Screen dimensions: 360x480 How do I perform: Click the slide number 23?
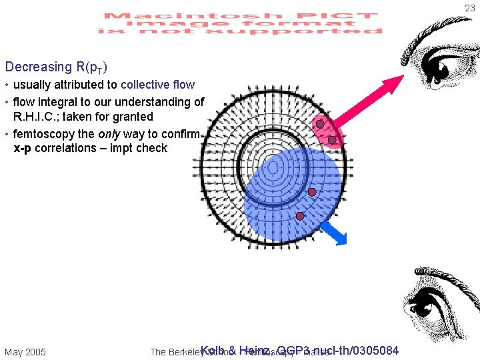click(470, 8)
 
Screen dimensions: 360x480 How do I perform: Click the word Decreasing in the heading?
click(37, 67)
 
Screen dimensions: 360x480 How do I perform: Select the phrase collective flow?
click(158, 85)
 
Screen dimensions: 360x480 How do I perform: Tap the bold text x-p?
click(23, 148)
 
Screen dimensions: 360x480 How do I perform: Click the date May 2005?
click(25, 351)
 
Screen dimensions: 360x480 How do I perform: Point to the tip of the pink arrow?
click(403, 77)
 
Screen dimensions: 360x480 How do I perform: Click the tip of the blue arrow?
click(345, 245)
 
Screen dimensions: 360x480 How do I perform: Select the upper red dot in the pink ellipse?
click(320, 124)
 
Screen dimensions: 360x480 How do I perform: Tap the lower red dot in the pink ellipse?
click(332, 139)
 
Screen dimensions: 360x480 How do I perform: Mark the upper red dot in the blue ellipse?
click(311, 192)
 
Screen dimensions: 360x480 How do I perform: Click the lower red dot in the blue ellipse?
click(300, 216)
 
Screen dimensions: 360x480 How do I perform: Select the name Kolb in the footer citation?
click(213, 351)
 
